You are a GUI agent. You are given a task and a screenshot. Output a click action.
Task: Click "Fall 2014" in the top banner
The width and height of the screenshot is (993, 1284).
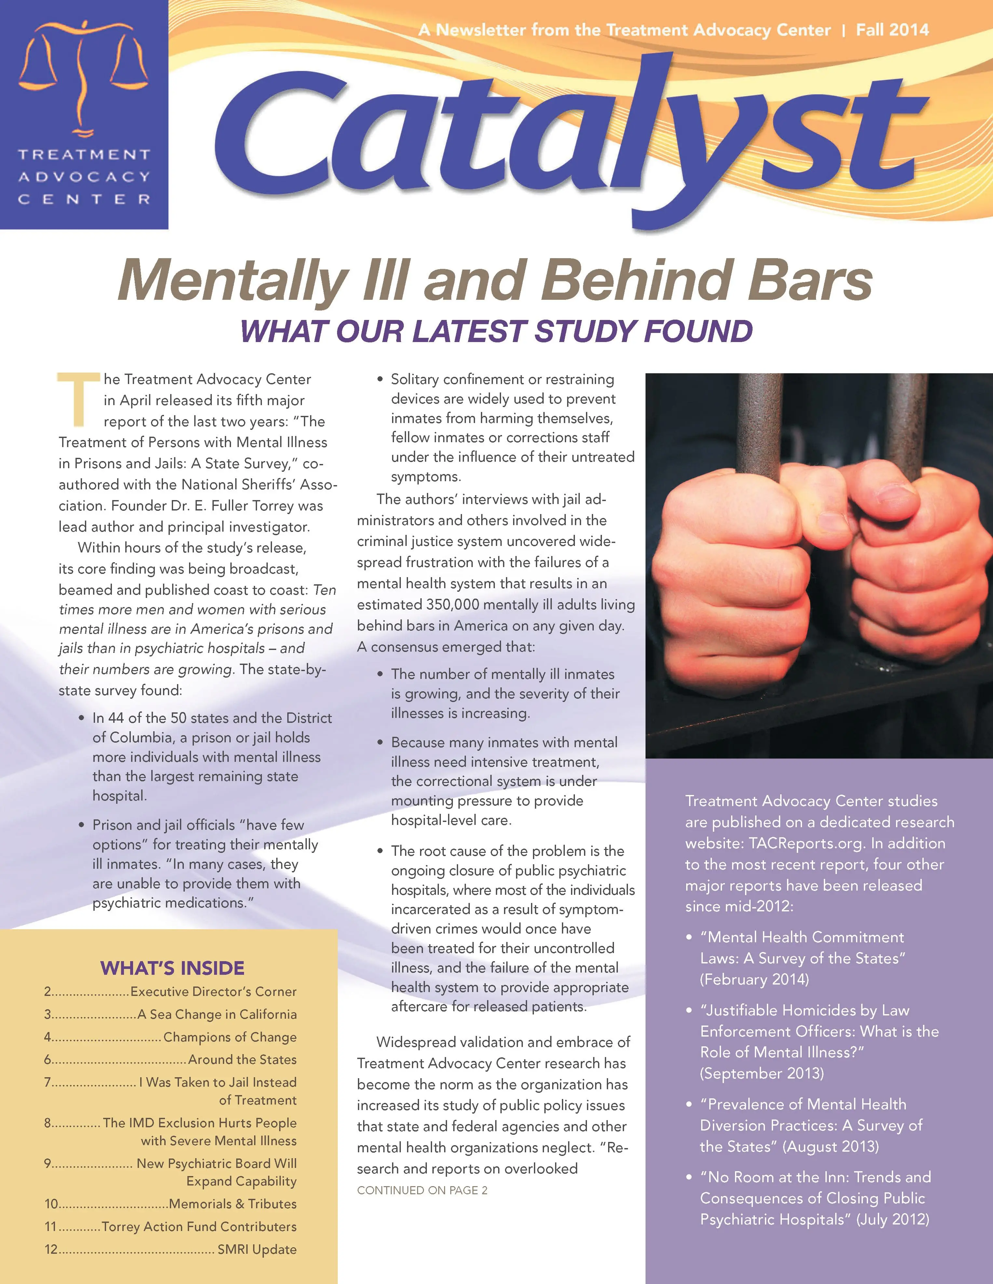[x=892, y=30]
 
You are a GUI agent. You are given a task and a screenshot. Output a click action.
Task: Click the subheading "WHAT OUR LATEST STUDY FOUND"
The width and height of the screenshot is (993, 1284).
[x=496, y=331]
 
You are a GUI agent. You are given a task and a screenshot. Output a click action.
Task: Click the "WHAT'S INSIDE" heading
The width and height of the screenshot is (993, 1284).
[x=172, y=968]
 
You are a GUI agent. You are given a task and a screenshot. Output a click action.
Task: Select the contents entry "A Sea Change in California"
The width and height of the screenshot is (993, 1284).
[x=216, y=1014]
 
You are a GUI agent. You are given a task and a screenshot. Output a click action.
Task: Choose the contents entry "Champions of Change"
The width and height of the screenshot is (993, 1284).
[x=229, y=1037]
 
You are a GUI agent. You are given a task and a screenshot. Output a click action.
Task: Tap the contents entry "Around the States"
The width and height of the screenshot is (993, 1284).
[x=242, y=1059]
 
